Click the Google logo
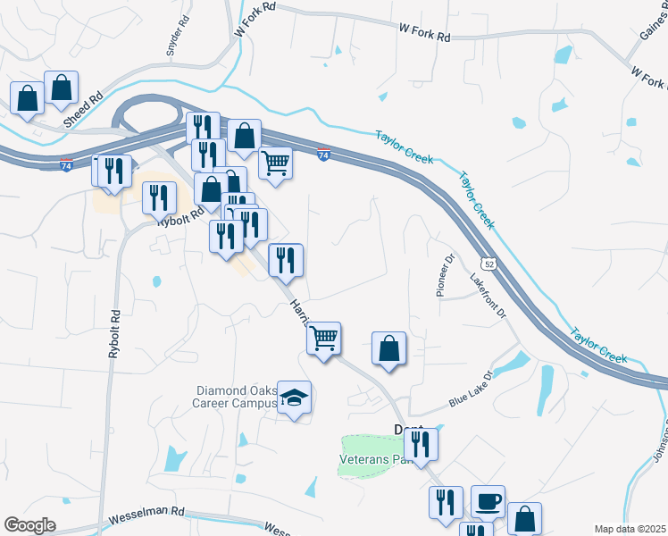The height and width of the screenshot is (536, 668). pos(30,525)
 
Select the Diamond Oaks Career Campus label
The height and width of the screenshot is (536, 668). pos(236,397)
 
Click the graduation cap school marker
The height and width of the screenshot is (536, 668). pos(294,398)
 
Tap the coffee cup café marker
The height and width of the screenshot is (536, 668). pos(488,502)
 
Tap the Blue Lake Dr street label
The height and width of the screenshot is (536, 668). pos(471,389)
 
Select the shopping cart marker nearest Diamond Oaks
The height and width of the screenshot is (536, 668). pos(324,339)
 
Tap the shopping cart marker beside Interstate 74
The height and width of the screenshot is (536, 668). pos(276,163)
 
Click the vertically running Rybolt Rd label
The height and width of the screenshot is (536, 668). pos(114,334)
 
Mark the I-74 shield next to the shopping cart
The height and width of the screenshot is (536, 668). pos(323,155)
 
